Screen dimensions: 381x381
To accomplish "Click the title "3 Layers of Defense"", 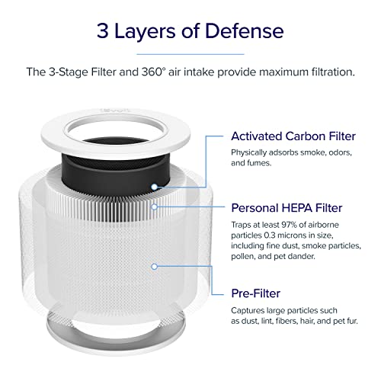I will [190, 31].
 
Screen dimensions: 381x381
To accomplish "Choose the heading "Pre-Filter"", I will [256, 293].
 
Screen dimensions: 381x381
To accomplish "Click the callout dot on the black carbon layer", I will [155, 185].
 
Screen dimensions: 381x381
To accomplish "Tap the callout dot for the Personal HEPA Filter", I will [155, 206].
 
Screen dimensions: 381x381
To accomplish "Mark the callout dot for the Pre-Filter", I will [155, 267].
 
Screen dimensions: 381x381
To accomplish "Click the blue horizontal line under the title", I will [190, 53].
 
